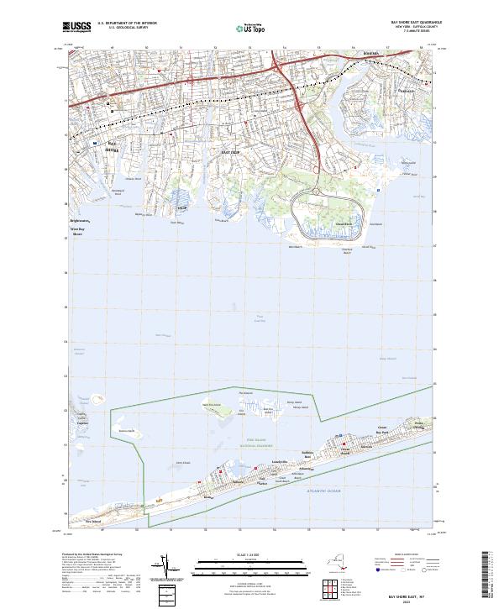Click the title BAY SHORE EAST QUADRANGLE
[408, 23]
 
